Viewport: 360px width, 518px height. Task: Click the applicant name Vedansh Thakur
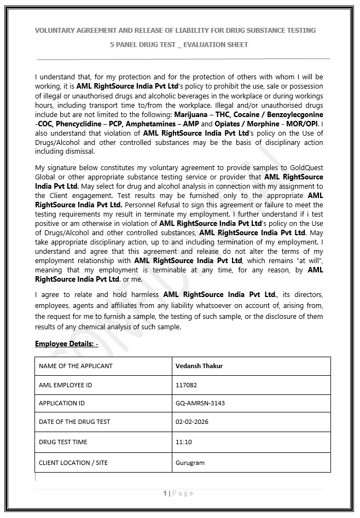[199, 366]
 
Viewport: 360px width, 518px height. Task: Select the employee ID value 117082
[185, 385]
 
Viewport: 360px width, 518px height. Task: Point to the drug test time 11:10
[183, 441]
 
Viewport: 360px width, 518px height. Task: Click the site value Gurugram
[190, 463]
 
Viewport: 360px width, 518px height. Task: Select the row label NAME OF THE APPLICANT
[76, 366]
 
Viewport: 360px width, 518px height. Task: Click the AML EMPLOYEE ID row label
[65, 385]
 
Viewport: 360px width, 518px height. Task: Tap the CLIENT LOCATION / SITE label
[73, 463]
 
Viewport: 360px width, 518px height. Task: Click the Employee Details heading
[66, 344]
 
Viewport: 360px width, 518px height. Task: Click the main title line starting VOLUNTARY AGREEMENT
[175, 30]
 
